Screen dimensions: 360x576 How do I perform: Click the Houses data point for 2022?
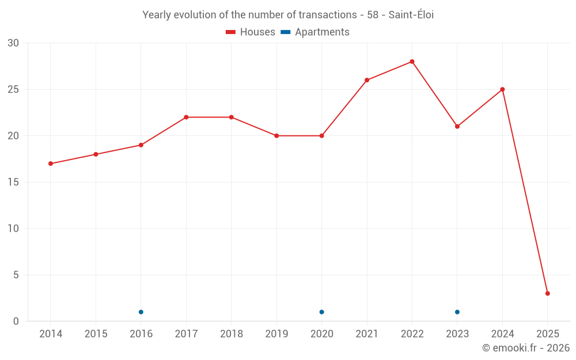click(412, 62)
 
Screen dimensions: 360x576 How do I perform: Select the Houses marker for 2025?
click(547, 293)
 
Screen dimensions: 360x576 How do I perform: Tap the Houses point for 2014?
click(51, 164)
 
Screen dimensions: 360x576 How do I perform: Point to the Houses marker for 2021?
click(367, 80)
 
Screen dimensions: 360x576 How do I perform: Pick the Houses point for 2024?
click(502, 89)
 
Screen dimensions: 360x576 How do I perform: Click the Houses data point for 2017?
click(186, 117)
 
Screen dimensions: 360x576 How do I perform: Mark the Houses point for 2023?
click(457, 126)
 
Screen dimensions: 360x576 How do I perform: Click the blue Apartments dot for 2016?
click(141, 312)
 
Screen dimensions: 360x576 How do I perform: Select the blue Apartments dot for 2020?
click(321, 312)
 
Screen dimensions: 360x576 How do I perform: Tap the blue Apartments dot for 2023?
click(457, 312)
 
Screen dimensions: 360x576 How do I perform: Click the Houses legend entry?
click(251, 32)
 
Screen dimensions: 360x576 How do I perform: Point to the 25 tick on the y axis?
click(13, 89)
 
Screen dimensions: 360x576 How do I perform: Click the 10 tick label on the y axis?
click(13, 229)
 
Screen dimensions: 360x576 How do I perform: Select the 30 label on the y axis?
click(13, 43)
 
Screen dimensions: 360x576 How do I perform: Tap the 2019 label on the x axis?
click(276, 334)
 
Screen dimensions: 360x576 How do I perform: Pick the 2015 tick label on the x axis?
click(96, 334)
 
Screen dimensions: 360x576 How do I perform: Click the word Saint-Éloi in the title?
click(411, 15)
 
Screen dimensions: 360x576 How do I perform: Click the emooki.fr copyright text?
click(525, 348)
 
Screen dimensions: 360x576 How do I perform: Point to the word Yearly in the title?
click(157, 15)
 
